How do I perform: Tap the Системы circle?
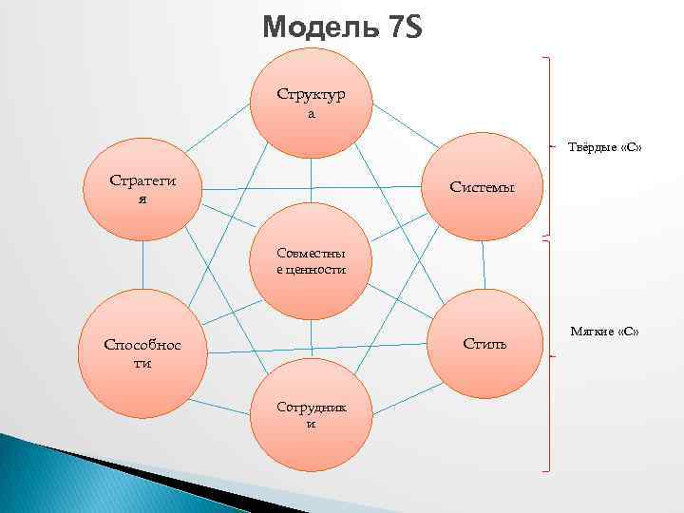click(x=483, y=187)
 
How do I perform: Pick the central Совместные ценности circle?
click(x=311, y=262)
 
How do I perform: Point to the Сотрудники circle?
click(x=311, y=414)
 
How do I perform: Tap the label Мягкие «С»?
click(x=604, y=331)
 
